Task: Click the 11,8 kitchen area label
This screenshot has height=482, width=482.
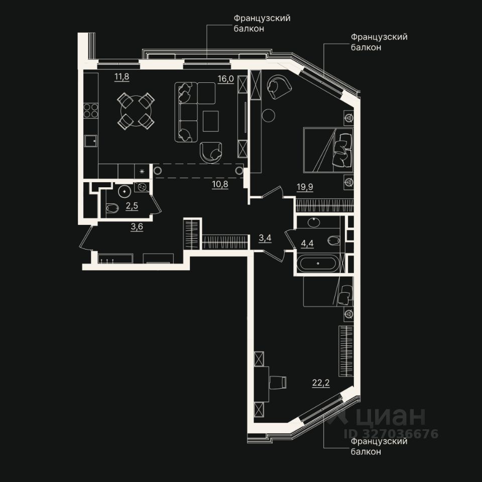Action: coord(122,76)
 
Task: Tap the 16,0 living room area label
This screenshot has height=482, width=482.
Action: coord(226,79)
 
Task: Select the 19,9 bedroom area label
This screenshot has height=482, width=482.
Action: coord(305,187)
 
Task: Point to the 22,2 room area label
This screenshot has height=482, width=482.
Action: coord(321,383)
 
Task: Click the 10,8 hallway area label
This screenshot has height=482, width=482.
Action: coord(220,184)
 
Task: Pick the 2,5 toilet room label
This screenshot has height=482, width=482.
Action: coord(132,206)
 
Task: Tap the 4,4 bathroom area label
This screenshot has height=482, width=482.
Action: coord(307,244)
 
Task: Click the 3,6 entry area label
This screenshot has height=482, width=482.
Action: coord(137,227)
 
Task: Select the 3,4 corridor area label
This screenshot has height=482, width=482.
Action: coord(265,238)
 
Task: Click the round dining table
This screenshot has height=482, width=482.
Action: coord(136,110)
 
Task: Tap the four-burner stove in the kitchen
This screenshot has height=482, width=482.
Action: coord(91,110)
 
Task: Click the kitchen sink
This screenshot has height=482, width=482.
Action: coord(91,142)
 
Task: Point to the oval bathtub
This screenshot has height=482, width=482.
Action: coord(318,264)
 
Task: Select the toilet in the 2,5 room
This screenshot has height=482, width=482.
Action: coord(112,208)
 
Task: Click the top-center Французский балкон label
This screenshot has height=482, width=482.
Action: coord(262,24)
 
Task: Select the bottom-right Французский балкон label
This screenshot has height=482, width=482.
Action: coord(379,446)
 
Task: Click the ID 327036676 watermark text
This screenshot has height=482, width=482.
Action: coord(391,434)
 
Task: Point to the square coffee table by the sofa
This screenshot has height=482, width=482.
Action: coord(211,121)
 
